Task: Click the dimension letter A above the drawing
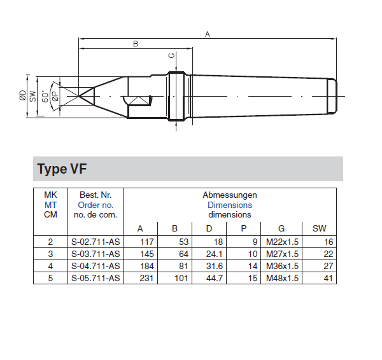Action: (x=208, y=34)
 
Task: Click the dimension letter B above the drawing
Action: (x=136, y=44)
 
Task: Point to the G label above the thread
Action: (x=172, y=56)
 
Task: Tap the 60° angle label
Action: (x=45, y=97)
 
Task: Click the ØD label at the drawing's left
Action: (x=23, y=95)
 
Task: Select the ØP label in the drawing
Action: (x=55, y=96)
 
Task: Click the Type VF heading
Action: (x=62, y=169)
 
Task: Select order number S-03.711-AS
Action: (x=95, y=254)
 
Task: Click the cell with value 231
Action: (x=146, y=278)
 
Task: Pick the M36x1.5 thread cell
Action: (x=282, y=266)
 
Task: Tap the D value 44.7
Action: (x=215, y=278)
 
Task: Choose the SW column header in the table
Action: (x=319, y=228)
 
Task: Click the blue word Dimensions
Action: (x=230, y=205)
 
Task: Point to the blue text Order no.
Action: (x=95, y=205)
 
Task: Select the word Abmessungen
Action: (x=230, y=195)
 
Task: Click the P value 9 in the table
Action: (x=255, y=242)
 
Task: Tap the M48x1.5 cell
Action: (x=282, y=278)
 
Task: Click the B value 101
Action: (x=181, y=278)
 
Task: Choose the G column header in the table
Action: (x=281, y=228)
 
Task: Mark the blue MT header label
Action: (x=50, y=205)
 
